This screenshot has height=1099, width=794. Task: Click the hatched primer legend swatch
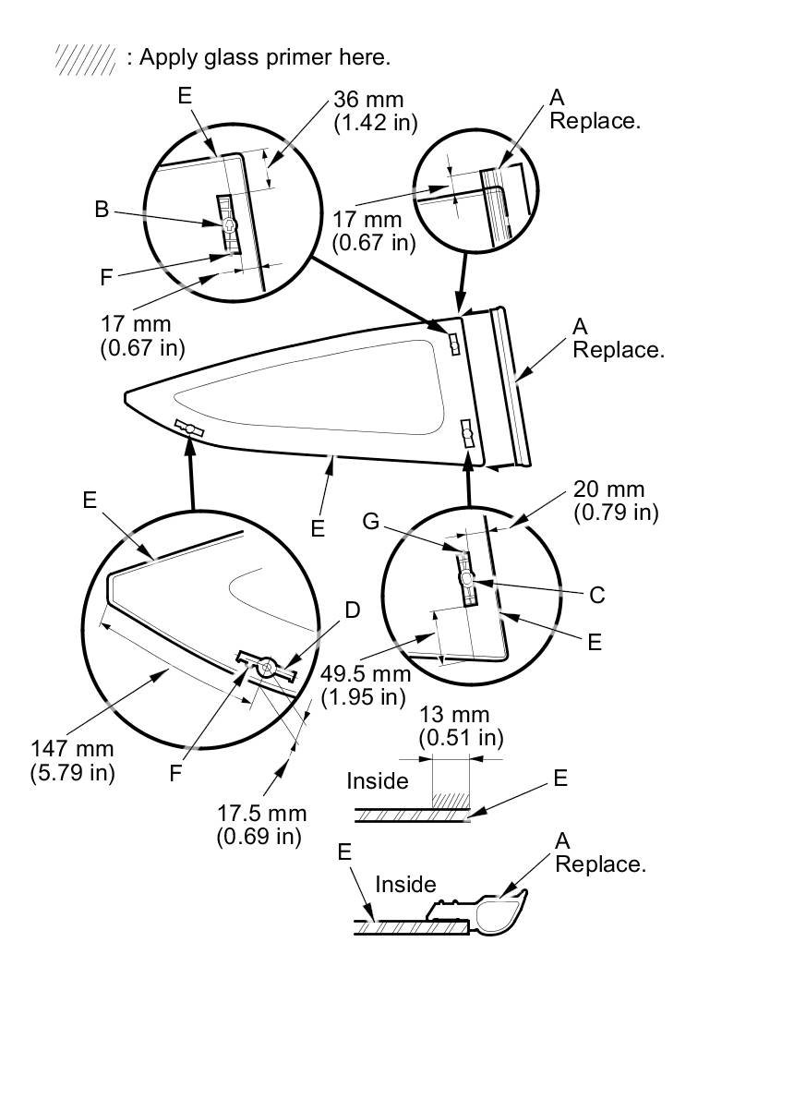pyautogui.click(x=85, y=58)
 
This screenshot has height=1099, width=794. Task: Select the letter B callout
pyautogui.click(x=102, y=210)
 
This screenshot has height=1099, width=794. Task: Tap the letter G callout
pyautogui.click(x=371, y=522)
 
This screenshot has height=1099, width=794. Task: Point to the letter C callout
pyautogui.click(x=597, y=596)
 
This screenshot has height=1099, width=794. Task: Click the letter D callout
pyautogui.click(x=352, y=610)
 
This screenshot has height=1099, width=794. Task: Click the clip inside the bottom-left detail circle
pyautogui.click(x=267, y=665)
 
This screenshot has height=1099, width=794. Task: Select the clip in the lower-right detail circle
pyautogui.click(x=468, y=578)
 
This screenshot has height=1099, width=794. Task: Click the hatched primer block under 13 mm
pyautogui.click(x=451, y=796)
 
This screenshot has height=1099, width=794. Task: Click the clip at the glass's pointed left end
pyautogui.click(x=190, y=429)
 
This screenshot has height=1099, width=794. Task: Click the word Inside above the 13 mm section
pyautogui.click(x=377, y=781)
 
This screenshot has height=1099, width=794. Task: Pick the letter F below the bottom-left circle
pyautogui.click(x=175, y=774)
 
